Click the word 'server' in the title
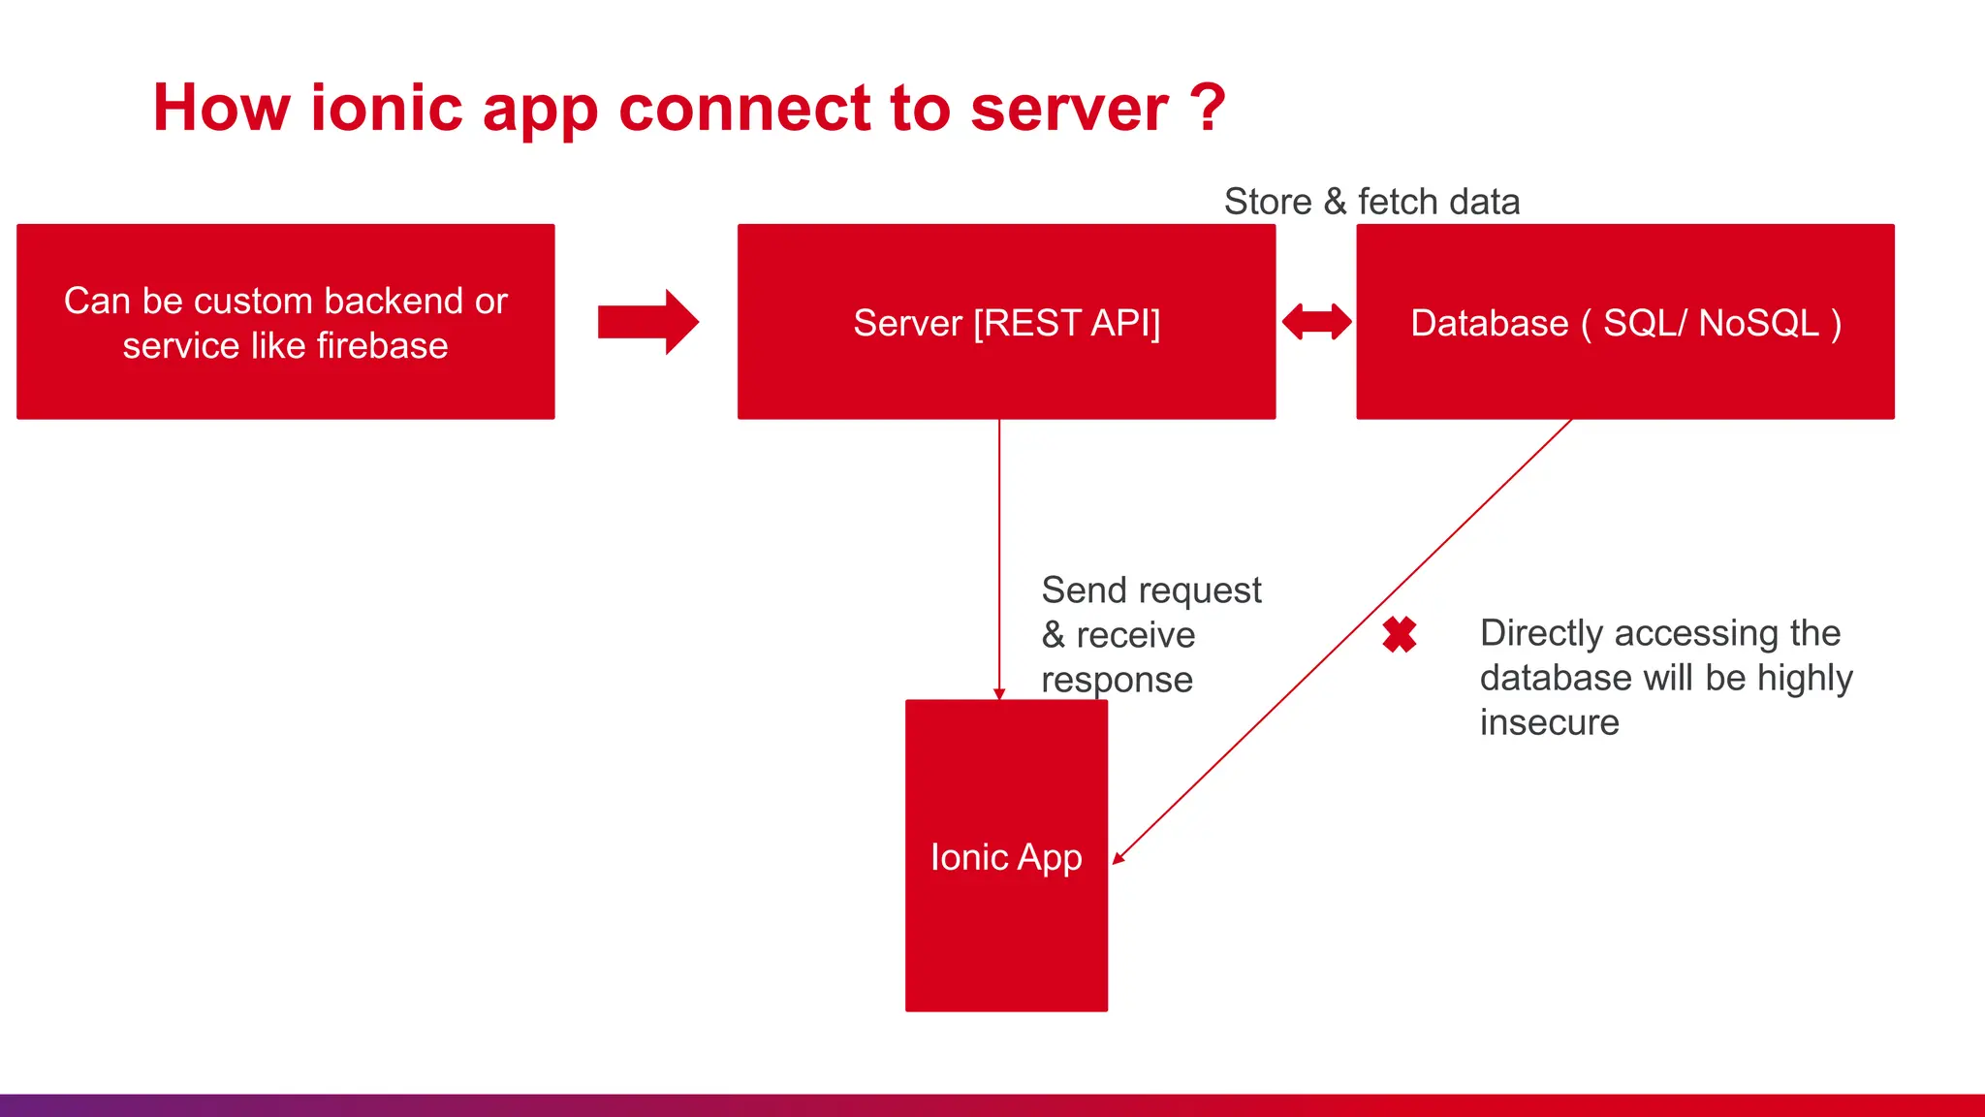coord(1068,109)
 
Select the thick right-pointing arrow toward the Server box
coord(647,322)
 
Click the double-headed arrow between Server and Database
coord(1316,322)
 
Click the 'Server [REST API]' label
coord(1006,323)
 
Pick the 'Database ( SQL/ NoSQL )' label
coord(1625,323)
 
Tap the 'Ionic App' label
coord(1006,857)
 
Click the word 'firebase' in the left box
coord(382,346)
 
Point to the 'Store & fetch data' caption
coord(1371,202)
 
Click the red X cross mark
coord(1400,635)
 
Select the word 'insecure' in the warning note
coord(1549,722)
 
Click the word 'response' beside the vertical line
coord(1117,681)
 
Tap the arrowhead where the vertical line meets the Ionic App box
coord(999,693)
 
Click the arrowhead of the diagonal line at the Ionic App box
coord(1118,858)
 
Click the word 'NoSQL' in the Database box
coord(1758,323)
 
